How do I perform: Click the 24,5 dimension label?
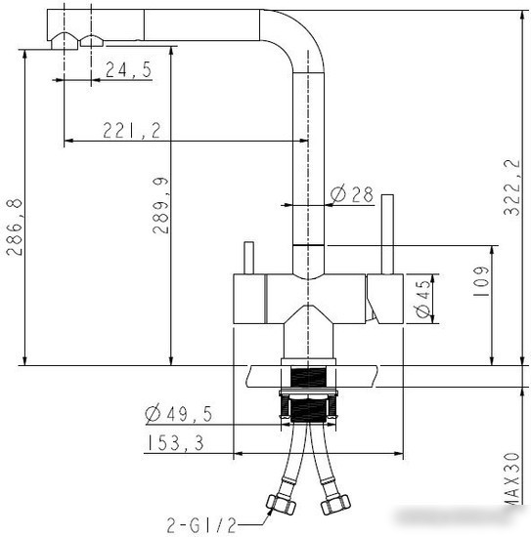pyautogui.click(x=128, y=69)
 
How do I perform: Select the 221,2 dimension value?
pyautogui.click(x=132, y=130)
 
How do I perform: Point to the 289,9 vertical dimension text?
pyautogui.click(x=160, y=205)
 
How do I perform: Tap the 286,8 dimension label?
pyautogui.click(x=15, y=227)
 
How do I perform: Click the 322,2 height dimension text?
pyautogui.click(x=511, y=187)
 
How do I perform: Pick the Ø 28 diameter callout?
pyautogui.click(x=352, y=194)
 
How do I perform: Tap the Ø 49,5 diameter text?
pyautogui.click(x=178, y=413)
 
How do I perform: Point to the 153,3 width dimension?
pyautogui.click(x=175, y=442)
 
